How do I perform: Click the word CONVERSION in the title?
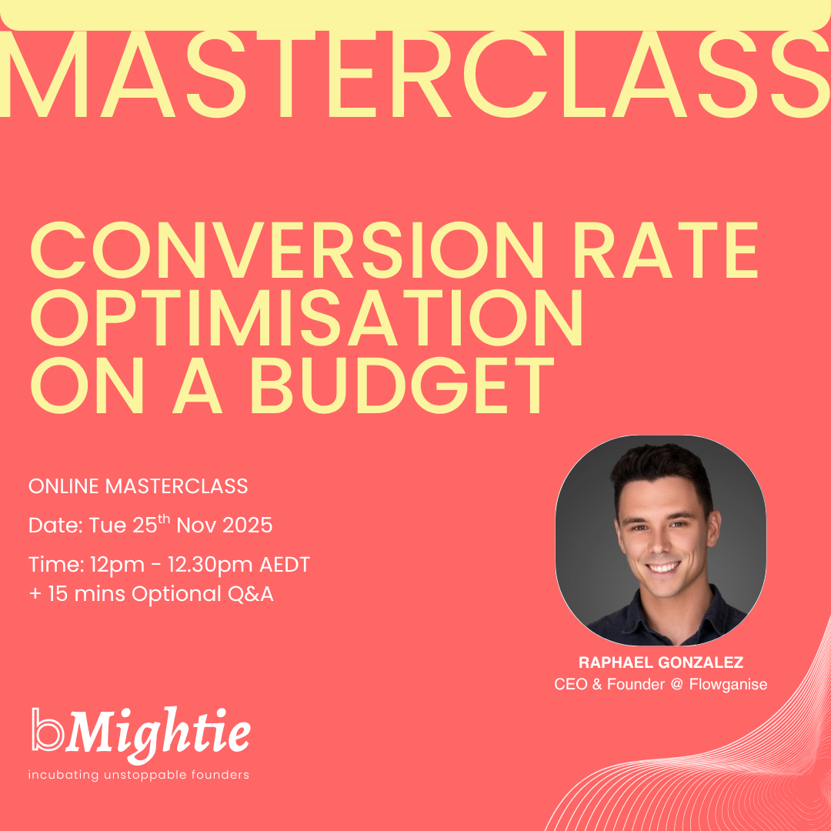287,249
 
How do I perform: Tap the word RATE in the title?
666,249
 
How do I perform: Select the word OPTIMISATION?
306,318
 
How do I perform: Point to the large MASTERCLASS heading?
415,74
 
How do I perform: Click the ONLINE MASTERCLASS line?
138,486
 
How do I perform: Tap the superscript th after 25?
164,519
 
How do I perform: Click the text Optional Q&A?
202,594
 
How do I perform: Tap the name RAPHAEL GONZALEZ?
661,662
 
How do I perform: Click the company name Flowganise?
728,685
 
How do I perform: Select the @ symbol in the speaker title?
677,685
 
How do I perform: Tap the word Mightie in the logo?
158,734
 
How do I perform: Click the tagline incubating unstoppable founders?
138,775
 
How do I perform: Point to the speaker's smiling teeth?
663,568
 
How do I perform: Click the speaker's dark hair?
662,466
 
